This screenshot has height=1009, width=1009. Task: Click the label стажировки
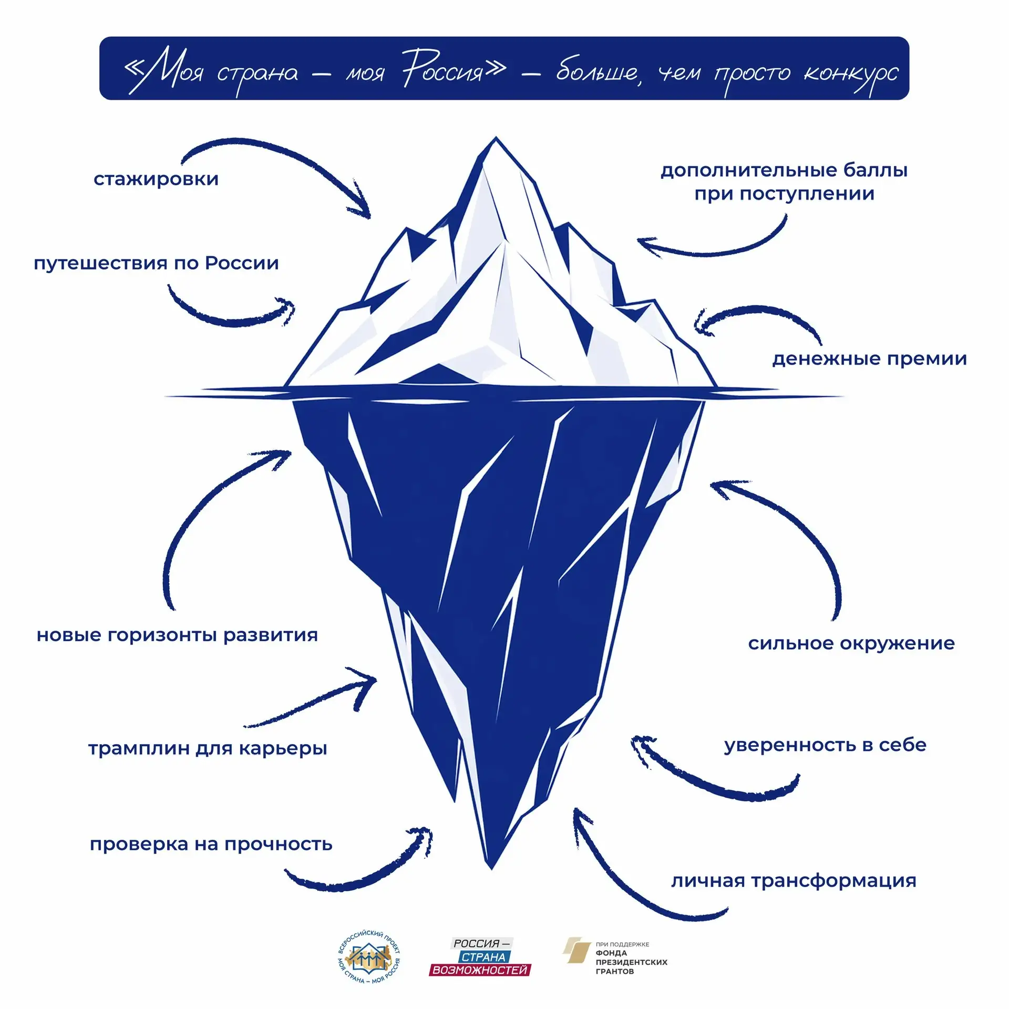[156, 179]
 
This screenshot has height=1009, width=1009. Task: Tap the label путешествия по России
[156, 263]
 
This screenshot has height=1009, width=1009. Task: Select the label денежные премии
[869, 359]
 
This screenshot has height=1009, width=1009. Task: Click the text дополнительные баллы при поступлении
[784, 182]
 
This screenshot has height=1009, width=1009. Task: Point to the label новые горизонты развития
[177, 635]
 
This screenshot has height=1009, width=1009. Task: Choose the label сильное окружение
[851, 643]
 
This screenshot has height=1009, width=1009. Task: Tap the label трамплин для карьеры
[208, 748]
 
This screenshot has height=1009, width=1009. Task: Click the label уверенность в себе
[825, 745]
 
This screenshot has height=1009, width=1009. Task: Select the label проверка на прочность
[211, 845]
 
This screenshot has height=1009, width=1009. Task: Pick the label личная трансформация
[794, 881]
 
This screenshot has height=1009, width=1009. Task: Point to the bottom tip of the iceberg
[491, 869]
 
